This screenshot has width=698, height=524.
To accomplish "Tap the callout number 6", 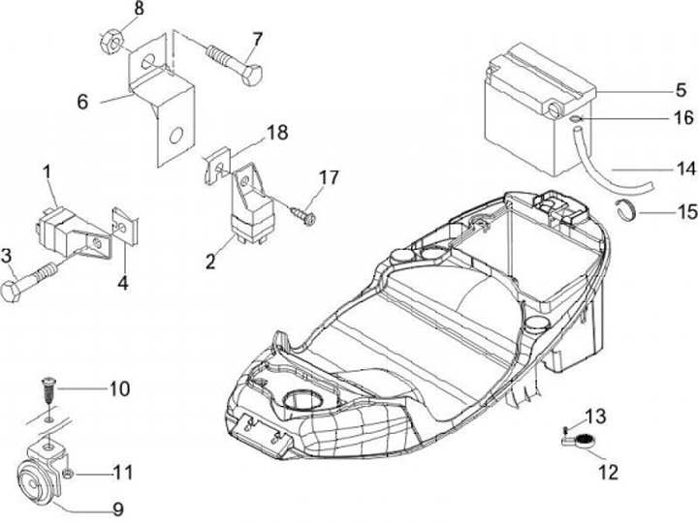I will click(82, 101).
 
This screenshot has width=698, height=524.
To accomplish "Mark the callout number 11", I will click(123, 474).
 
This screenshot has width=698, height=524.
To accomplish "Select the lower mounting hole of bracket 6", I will click(174, 136).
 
